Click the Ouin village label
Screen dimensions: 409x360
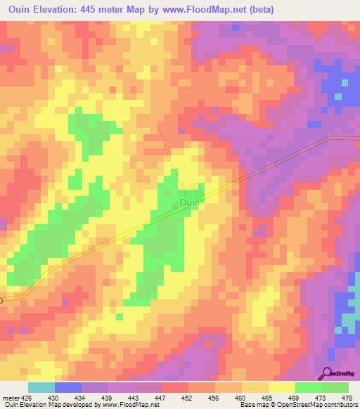(x=190, y=202)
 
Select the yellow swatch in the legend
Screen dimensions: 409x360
(x=281, y=387)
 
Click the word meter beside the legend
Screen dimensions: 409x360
(x=8, y=397)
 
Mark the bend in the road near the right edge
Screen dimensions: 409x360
(x=329, y=138)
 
